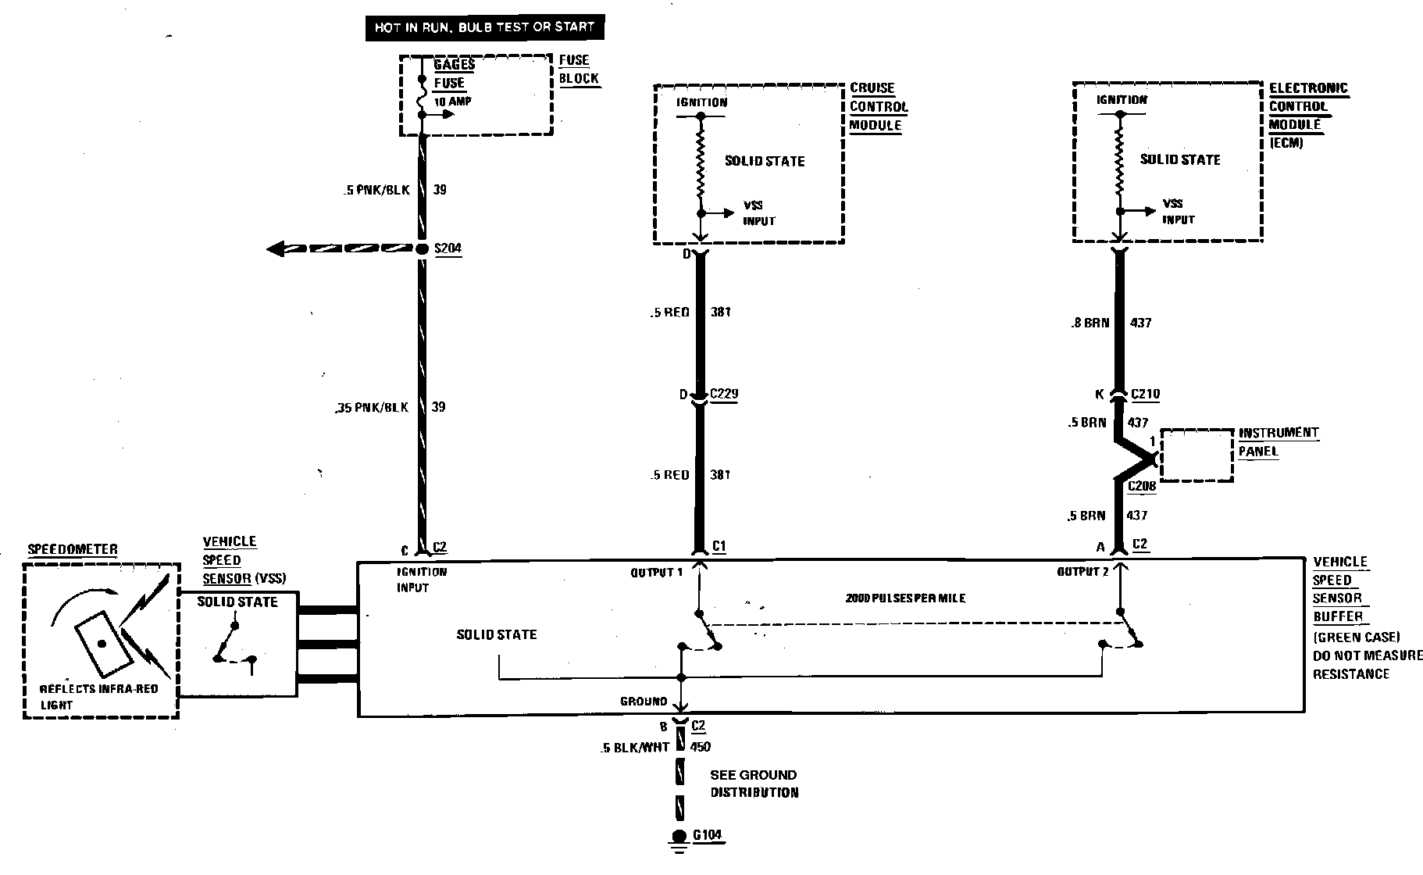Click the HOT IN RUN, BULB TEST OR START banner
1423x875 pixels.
tap(485, 27)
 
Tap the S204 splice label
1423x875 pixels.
tap(448, 249)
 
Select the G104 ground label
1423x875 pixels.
tap(708, 835)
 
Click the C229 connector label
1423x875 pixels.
tap(723, 394)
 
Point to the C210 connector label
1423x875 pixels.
tap(1144, 395)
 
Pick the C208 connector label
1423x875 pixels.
tap(1141, 486)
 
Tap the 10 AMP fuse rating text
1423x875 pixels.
tap(453, 102)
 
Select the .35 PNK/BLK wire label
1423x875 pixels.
tap(369, 407)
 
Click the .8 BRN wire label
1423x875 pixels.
tap(1090, 323)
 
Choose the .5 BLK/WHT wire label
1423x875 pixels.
tap(635, 747)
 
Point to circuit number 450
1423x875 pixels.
tap(701, 747)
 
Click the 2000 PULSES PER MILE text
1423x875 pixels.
tap(905, 598)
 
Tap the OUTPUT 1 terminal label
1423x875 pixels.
tap(656, 573)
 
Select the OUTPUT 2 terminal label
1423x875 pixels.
tap(1082, 572)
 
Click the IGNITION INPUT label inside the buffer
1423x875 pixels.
tap(422, 579)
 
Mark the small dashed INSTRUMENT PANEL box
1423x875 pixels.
tap(1196, 454)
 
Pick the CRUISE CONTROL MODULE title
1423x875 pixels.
tap(879, 106)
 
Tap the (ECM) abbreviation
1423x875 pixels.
tap(1286, 143)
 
